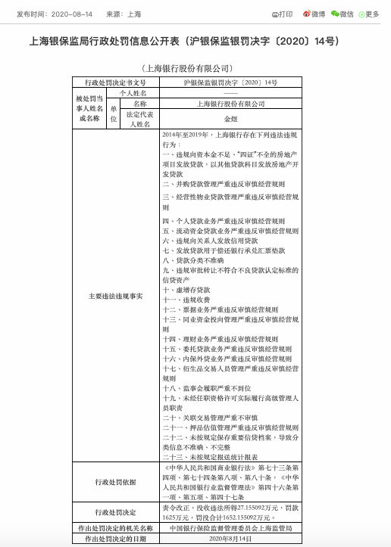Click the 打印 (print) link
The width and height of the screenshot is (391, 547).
[x=283, y=14]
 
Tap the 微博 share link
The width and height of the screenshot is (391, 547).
[x=316, y=14]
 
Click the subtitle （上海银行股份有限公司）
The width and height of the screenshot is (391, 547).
[x=195, y=68]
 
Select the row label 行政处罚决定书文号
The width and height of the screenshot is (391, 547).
[x=117, y=82]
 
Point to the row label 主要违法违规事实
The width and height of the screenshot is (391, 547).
[x=117, y=296]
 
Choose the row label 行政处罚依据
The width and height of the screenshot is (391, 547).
[x=117, y=481]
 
